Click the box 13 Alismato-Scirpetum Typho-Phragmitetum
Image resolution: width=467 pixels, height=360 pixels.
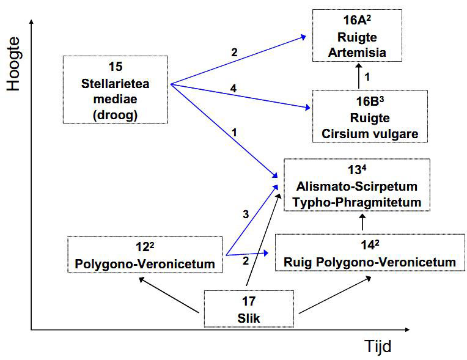[357, 185]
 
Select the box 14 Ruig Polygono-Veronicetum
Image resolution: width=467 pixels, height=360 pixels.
[370, 254]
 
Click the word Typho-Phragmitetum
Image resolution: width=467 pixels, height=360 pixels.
[357, 202]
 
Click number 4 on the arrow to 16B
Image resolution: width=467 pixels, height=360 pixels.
[233, 90]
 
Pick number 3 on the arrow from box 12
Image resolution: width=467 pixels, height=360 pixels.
[245, 214]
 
